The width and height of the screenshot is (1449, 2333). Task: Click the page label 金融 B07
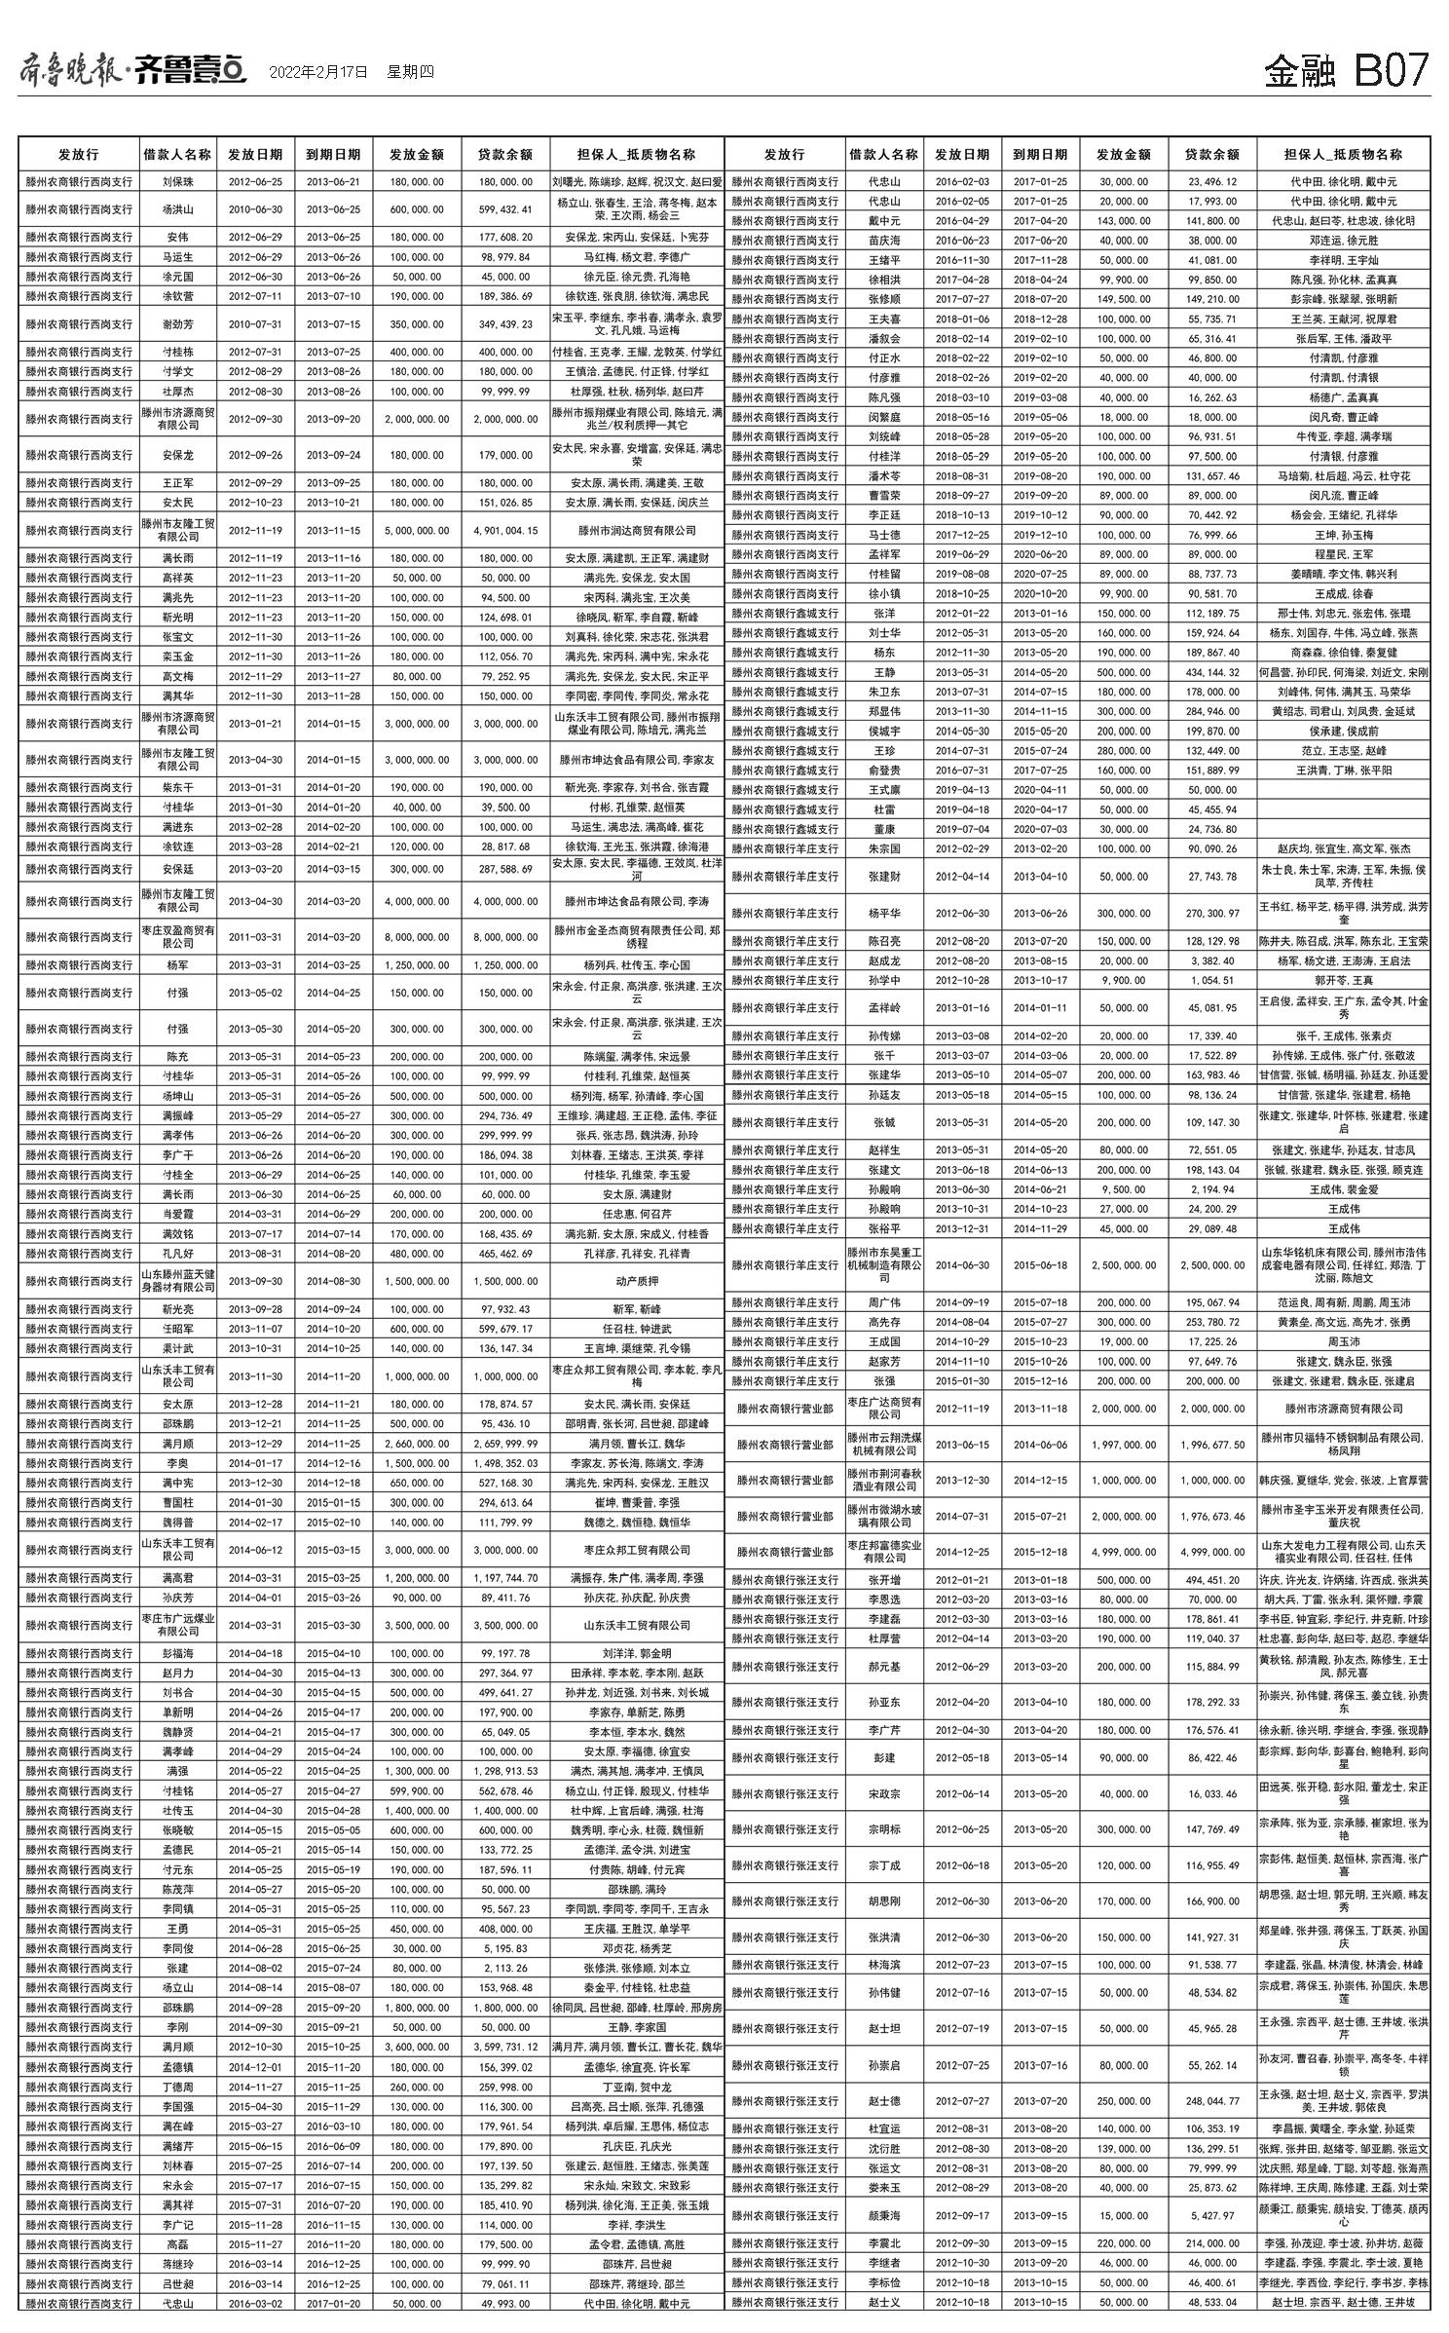(1346, 71)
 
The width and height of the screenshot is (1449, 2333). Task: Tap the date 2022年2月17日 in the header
(318, 72)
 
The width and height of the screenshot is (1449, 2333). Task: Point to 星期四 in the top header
(410, 72)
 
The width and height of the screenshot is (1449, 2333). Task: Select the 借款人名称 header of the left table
(177, 154)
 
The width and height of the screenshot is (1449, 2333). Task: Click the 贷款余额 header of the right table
(1211, 154)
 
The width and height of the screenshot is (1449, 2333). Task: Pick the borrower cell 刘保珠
(177, 182)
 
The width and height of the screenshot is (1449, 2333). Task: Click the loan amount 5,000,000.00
(417, 531)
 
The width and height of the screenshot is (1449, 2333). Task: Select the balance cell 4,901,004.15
(505, 531)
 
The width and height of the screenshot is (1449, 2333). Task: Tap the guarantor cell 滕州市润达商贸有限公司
(637, 531)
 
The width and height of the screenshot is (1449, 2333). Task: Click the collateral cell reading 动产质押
(637, 1281)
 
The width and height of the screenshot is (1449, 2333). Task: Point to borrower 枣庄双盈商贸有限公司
(177, 937)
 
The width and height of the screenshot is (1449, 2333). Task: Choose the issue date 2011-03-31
(255, 937)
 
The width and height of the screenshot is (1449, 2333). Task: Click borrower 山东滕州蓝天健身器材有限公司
(177, 1281)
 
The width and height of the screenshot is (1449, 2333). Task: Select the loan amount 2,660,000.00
(417, 1444)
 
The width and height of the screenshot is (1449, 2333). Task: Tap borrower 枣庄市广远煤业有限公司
(177, 1625)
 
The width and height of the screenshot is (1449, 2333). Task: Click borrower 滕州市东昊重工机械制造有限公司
(883, 1264)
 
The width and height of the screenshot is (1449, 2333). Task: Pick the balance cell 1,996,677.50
(1211, 1445)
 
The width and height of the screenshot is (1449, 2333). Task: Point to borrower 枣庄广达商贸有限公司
(883, 1409)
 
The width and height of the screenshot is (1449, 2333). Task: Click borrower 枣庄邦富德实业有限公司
(883, 1552)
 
